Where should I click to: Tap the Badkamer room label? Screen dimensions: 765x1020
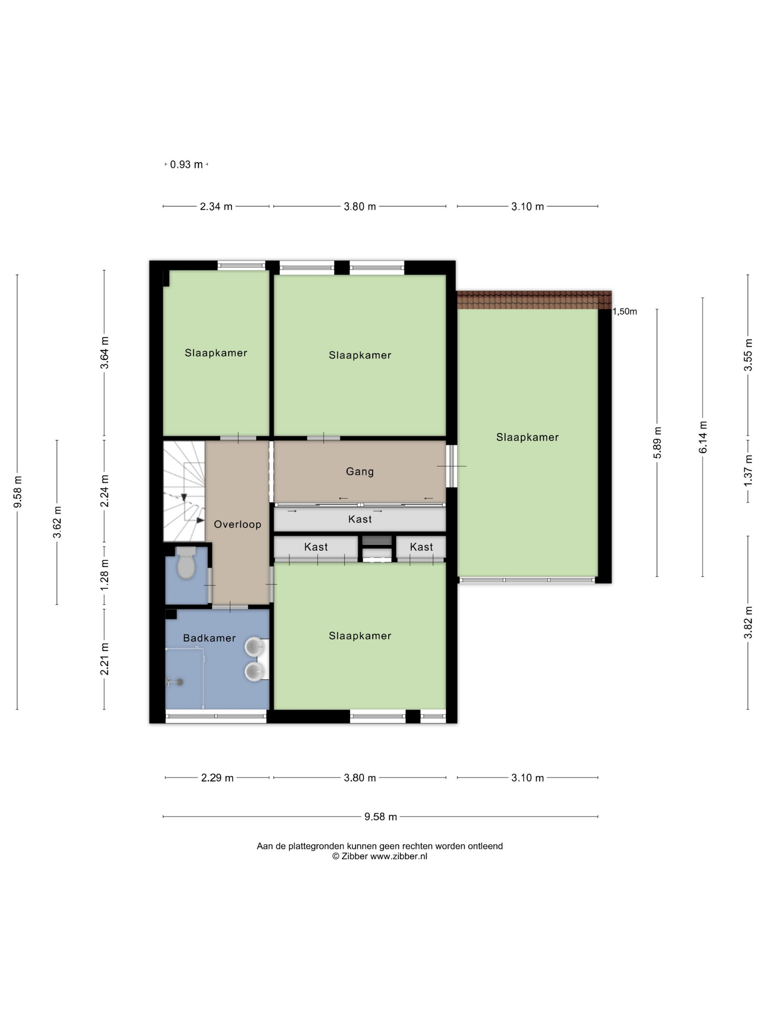(209, 638)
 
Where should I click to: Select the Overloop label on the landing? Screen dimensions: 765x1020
(238, 524)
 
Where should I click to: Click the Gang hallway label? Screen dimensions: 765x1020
(360, 471)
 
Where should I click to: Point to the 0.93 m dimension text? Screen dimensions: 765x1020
(186, 165)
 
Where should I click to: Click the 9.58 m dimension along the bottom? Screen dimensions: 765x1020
(380, 817)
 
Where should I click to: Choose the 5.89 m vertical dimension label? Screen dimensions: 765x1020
(657, 443)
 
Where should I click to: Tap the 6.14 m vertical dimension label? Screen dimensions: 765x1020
(703, 437)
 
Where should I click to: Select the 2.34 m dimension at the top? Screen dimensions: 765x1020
(216, 207)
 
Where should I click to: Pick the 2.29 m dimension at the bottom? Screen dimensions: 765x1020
(217, 778)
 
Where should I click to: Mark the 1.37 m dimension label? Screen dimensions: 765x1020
(748, 470)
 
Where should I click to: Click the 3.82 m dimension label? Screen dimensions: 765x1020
(748, 623)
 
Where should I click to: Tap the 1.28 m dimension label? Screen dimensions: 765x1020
(105, 574)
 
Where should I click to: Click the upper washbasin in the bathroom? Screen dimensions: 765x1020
(254, 647)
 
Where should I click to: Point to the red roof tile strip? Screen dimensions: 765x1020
(534, 300)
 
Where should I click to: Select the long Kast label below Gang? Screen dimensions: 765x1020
(360, 519)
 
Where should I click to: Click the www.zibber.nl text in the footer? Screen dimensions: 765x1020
(399, 856)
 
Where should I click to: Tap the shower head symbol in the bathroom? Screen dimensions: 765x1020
(179, 682)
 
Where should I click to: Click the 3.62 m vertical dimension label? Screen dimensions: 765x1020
(57, 522)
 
